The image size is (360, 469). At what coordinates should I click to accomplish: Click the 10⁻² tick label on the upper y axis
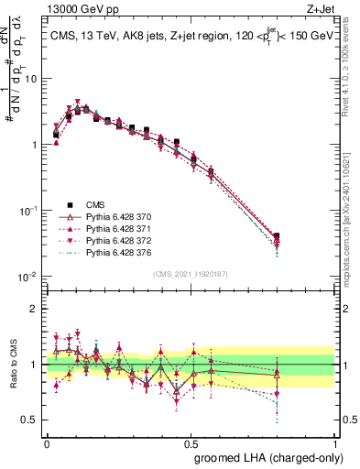pyautogui.click(x=27, y=277)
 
